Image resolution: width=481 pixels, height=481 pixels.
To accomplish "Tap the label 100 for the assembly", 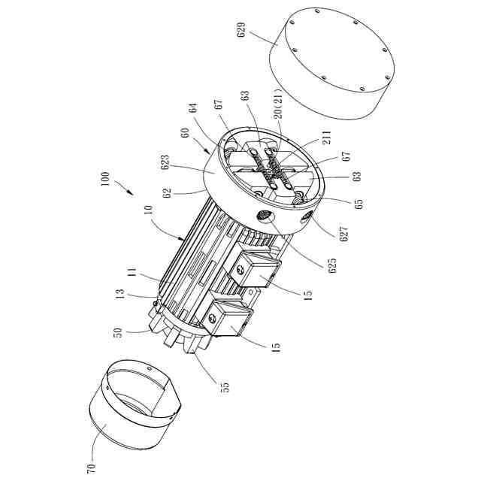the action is click(x=104, y=178).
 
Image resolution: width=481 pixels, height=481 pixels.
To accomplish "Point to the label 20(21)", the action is click(x=278, y=104).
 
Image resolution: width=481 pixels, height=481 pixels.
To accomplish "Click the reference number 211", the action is click(x=327, y=138).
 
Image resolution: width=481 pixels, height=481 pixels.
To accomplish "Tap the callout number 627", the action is click(x=344, y=234).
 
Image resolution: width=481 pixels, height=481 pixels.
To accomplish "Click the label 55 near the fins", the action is click(x=225, y=387).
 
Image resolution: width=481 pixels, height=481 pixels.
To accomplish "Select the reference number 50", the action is click(x=118, y=333).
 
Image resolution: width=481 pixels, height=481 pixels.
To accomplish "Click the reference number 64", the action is click(x=195, y=108).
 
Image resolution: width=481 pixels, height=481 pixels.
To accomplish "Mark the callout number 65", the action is click(x=358, y=204).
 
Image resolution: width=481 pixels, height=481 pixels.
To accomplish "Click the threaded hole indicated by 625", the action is click(x=264, y=217).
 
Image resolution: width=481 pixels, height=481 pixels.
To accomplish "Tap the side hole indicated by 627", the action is click(x=307, y=219).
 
